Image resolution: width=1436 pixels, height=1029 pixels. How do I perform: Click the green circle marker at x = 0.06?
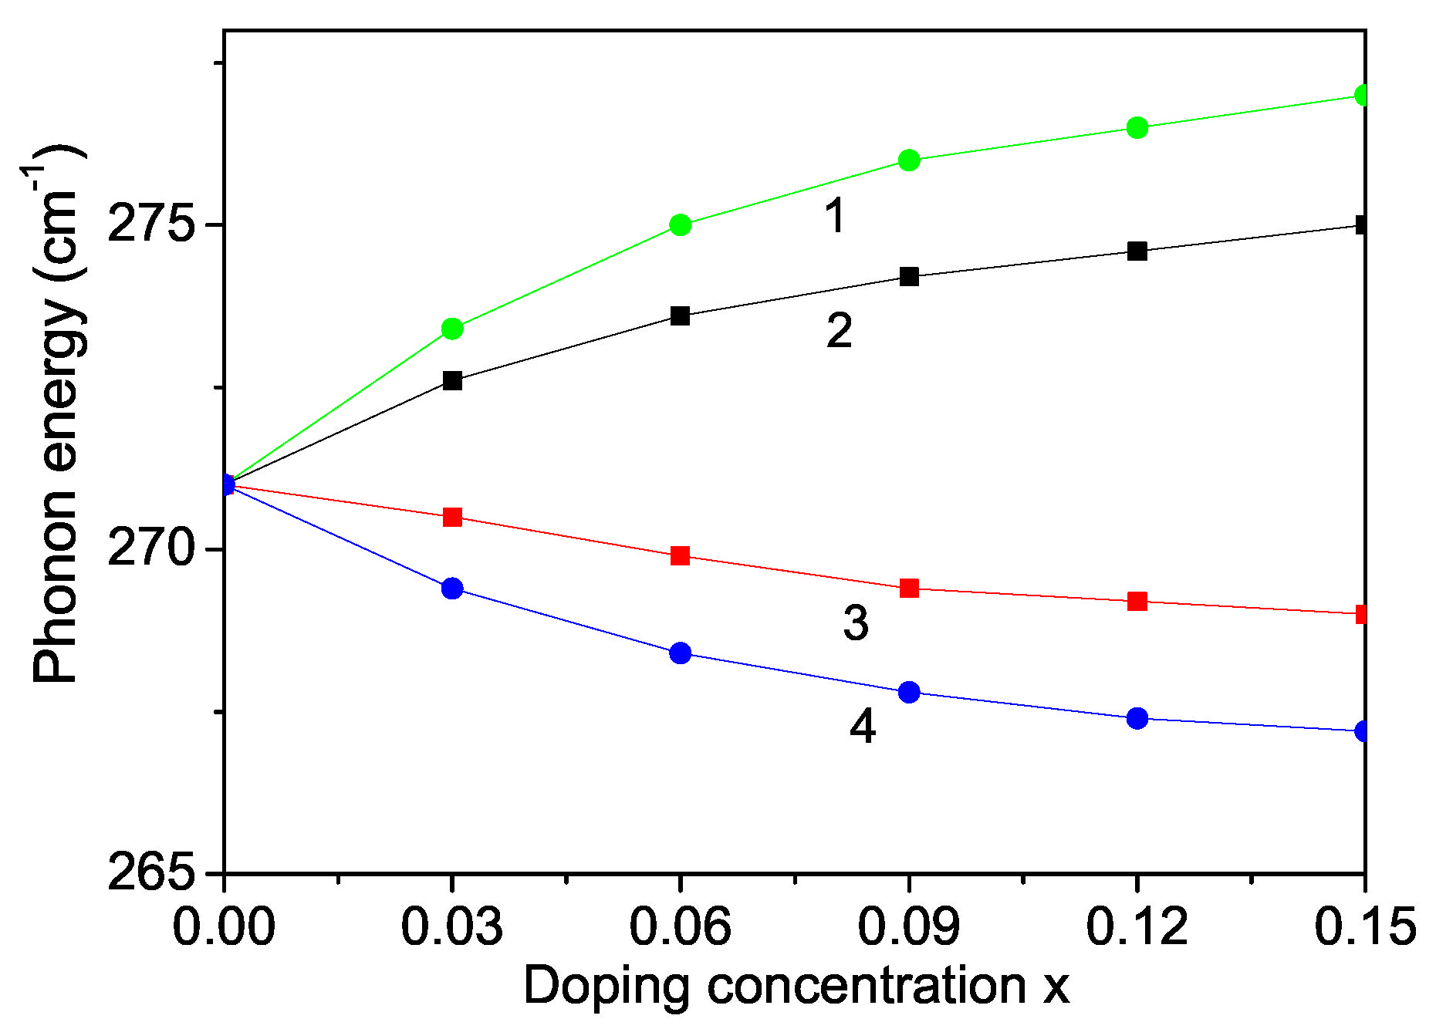point(680,225)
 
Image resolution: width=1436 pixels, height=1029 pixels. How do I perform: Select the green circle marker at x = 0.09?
point(909,160)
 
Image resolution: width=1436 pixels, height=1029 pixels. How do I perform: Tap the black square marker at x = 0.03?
point(452,381)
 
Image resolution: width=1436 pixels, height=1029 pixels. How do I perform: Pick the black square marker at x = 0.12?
point(1137,251)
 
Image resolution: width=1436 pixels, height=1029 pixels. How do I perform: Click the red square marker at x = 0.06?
point(680,556)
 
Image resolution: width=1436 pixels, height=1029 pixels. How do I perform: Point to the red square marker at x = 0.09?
point(909,589)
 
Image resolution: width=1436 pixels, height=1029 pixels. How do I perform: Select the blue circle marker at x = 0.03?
point(452,589)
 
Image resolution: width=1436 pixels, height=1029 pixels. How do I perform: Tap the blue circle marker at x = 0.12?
point(1137,719)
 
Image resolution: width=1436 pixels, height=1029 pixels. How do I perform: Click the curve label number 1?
point(835,215)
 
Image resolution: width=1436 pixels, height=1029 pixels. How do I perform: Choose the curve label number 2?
point(840,331)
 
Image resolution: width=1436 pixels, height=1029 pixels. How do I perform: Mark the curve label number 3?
point(856,623)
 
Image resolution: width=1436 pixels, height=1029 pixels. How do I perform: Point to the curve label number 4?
point(863,727)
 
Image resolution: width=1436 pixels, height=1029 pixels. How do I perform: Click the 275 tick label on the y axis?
point(150,225)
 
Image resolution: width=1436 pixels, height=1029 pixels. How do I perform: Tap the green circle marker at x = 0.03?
point(452,329)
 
